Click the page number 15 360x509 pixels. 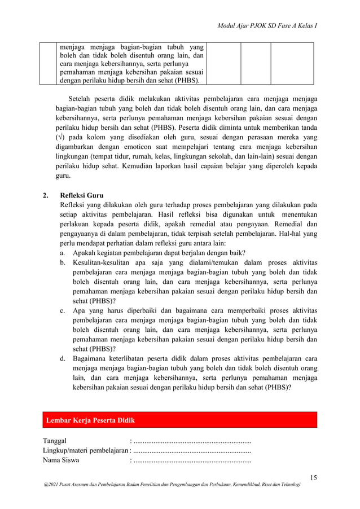click(x=313, y=479)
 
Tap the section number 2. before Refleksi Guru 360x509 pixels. click(x=47, y=196)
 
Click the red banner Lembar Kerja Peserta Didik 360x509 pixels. click(x=90, y=420)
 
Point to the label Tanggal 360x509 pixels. click(x=55, y=441)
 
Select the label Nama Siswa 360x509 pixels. click(x=61, y=460)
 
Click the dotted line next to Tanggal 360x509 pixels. click(x=192, y=441)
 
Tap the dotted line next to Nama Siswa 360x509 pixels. click(x=192, y=460)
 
